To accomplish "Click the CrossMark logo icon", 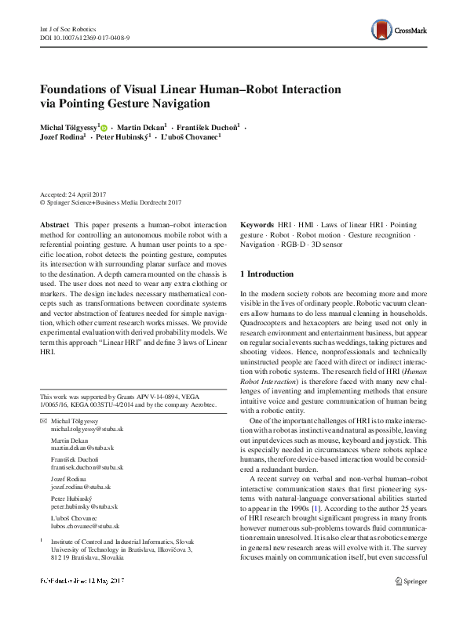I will [x=383, y=31].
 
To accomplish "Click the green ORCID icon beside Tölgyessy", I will [x=103, y=127].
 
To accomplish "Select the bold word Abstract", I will [x=54, y=224].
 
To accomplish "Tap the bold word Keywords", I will [x=257, y=224].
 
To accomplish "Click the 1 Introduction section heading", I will [x=267, y=274].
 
